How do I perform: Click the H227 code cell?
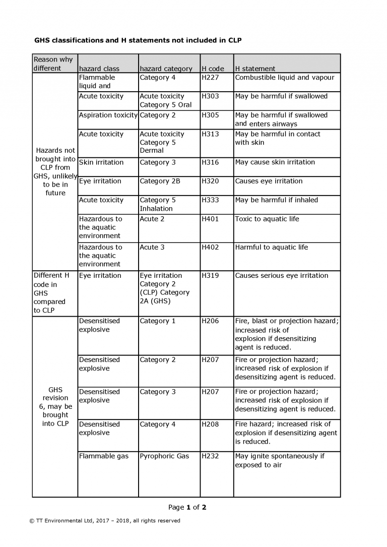click(210, 78)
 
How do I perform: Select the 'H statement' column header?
click(255, 69)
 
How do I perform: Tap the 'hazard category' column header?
click(166, 69)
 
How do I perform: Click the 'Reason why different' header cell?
click(53, 64)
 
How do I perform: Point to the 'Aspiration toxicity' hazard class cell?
click(108, 115)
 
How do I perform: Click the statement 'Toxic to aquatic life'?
click(267, 219)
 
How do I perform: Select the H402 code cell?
click(210, 247)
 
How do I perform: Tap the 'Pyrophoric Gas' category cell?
click(164, 456)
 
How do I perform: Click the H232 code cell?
click(210, 456)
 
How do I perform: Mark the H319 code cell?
click(210, 275)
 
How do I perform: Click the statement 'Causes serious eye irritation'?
click(281, 275)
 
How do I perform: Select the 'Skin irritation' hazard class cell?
click(101, 162)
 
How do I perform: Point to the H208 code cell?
click(210, 424)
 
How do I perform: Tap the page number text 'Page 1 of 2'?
click(187, 507)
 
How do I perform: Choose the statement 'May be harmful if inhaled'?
click(276, 200)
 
